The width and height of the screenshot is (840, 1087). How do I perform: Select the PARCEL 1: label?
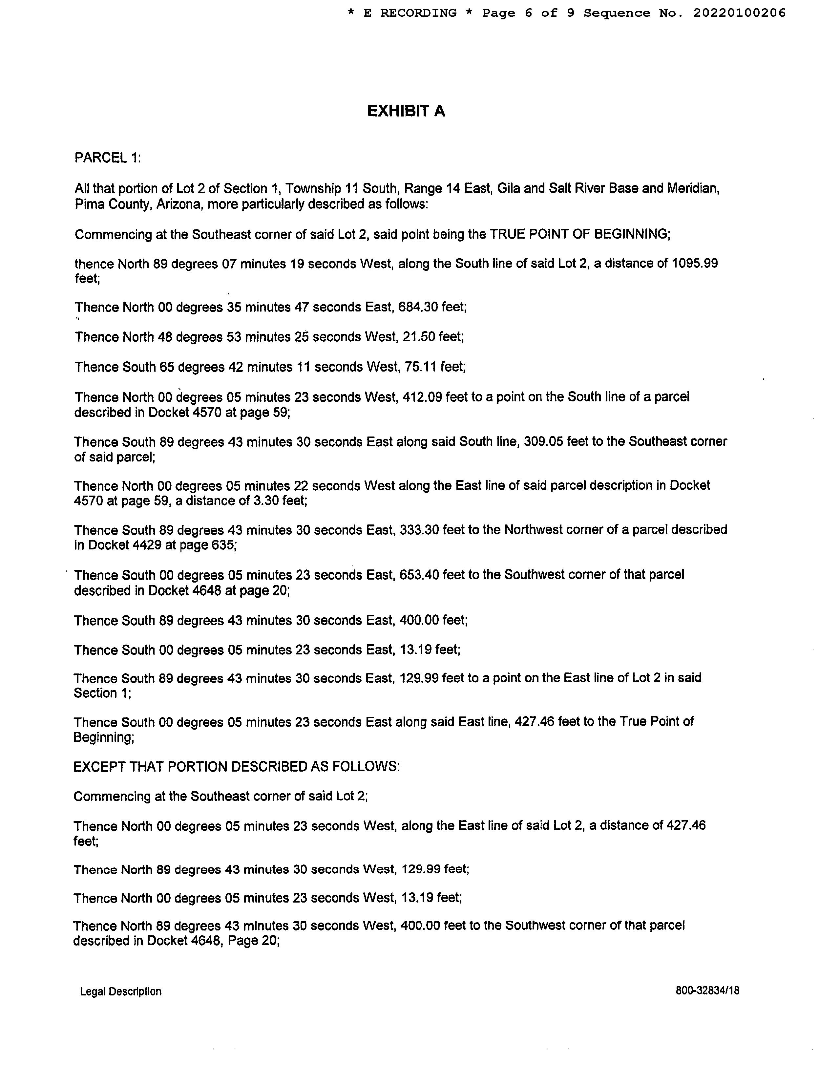coord(108,158)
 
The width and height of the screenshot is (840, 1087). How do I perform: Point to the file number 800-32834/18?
coord(707,991)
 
